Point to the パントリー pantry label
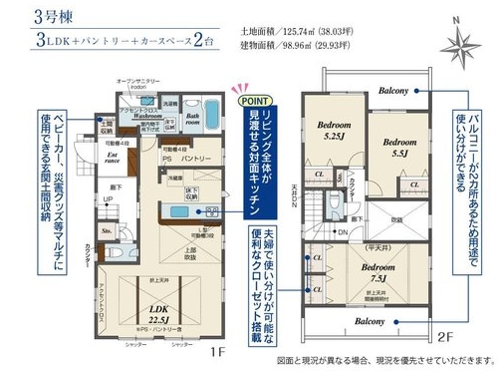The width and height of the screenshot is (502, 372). [x=194, y=160]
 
